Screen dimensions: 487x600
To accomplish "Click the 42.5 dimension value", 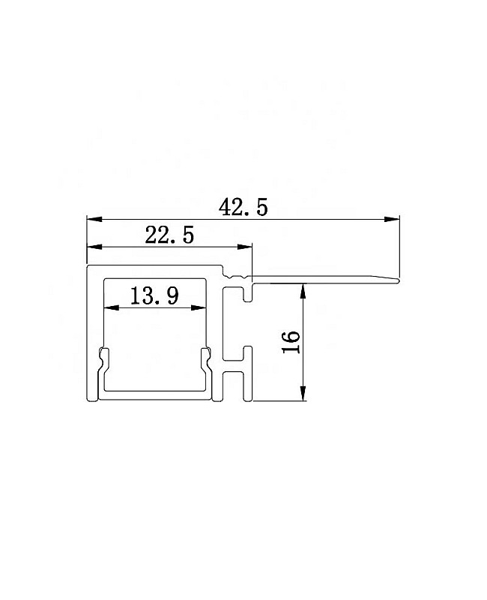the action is pyautogui.click(x=243, y=208).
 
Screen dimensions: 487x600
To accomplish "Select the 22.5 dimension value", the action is pyautogui.click(x=169, y=235).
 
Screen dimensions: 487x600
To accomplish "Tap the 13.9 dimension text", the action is pyautogui.click(x=154, y=295).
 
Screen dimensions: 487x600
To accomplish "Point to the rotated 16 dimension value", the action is pyautogui.click(x=291, y=342).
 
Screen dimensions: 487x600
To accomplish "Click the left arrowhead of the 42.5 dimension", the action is pyautogui.click(x=94, y=219).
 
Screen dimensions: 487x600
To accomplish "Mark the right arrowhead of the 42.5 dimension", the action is pyautogui.click(x=392, y=219).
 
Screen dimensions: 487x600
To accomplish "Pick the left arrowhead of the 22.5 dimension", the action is pyautogui.click(x=94, y=247).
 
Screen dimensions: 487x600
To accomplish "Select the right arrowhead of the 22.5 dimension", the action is pyautogui.click(x=245, y=247).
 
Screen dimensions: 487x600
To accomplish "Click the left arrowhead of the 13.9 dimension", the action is pyautogui.click(x=112, y=307).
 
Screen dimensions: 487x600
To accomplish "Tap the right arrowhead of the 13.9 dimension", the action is pyautogui.click(x=199, y=307).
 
